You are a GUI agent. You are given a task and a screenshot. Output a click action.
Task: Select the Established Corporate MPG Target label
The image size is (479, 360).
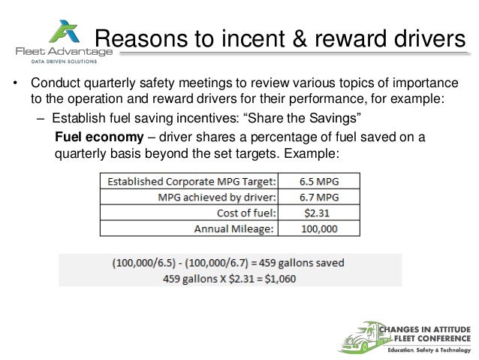(x=191, y=182)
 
